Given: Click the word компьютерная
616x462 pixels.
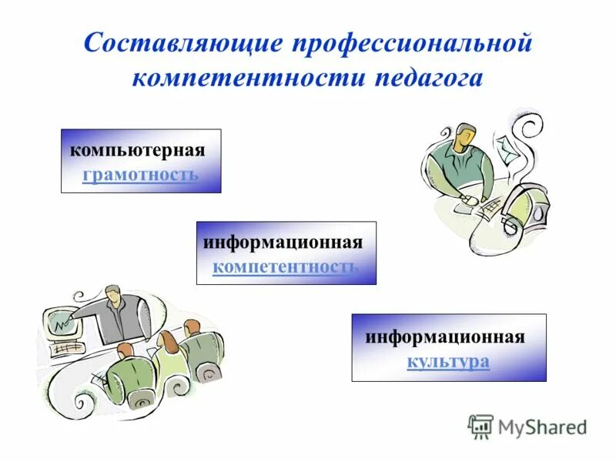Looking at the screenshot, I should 138,149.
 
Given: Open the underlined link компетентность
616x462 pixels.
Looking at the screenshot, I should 286,266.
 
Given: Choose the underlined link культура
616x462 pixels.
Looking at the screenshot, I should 448,360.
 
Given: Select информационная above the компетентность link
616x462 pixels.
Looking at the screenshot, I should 283,243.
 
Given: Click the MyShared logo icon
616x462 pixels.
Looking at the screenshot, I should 480,426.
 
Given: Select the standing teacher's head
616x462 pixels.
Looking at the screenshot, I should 112,294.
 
